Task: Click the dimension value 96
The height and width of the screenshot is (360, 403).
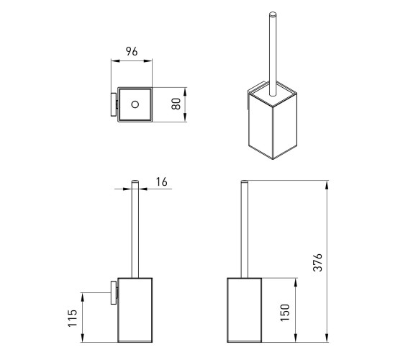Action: point(132,51)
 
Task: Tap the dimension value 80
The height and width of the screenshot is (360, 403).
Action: point(176,104)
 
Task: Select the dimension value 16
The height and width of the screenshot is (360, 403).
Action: point(162,181)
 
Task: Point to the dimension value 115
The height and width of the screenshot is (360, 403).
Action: point(73,318)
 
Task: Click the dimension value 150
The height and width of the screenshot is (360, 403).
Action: point(285,312)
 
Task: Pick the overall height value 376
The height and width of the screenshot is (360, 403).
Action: point(317,262)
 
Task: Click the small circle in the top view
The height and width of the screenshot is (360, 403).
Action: point(135,104)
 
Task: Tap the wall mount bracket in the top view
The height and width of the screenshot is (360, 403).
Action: point(114,104)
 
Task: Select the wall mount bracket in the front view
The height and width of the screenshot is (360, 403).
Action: point(114,292)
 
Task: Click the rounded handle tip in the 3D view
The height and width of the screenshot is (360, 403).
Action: point(273,14)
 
